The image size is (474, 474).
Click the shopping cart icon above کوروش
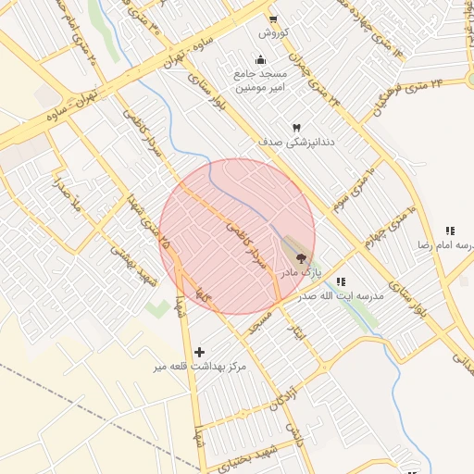coord(273,19)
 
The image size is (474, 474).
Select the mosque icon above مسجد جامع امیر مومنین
coord(260,59)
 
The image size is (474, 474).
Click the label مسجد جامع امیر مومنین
coord(261,80)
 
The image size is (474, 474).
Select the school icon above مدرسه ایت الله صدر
coord(341,281)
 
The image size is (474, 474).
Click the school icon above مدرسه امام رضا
coord(450,231)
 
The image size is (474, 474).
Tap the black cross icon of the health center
coord(200,352)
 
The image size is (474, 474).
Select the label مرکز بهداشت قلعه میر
coord(201,368)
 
